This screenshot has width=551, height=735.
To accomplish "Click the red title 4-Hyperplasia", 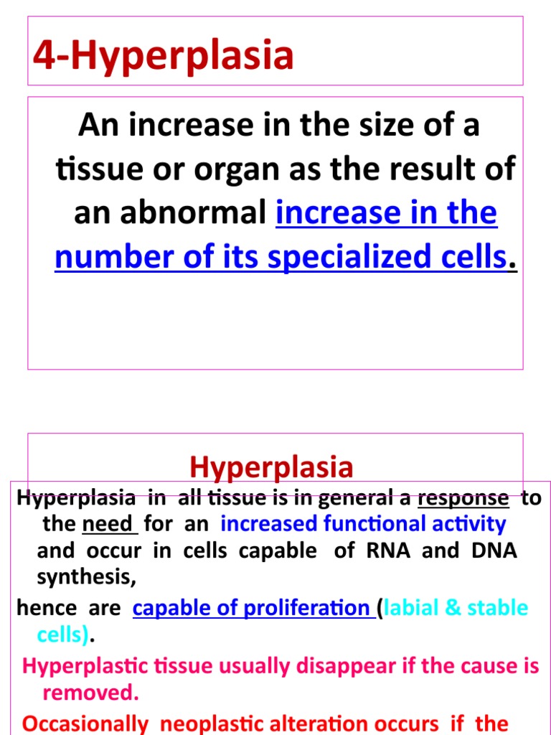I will [x=164, y=57].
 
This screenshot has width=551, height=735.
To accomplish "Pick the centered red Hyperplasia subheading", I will [x=271, y=467].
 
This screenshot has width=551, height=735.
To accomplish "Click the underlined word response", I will [x=463, y=498].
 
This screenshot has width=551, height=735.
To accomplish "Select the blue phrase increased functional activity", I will [x=363, y=524].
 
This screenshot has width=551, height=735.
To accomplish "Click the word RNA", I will [x=390, y=551].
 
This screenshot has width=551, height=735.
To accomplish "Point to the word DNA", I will [x=494, y=551].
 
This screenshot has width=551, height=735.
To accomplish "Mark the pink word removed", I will [x=90, y=693].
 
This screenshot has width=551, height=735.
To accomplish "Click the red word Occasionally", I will [x=85, y=724].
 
